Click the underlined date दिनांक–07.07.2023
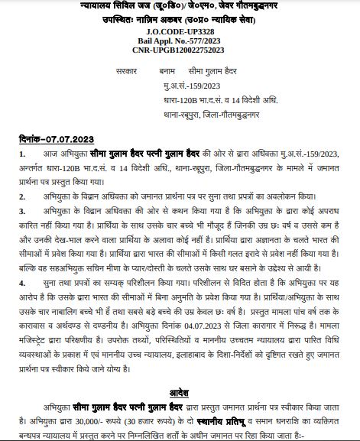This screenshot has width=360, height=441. point(58,140)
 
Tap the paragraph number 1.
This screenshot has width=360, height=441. point(22,154)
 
